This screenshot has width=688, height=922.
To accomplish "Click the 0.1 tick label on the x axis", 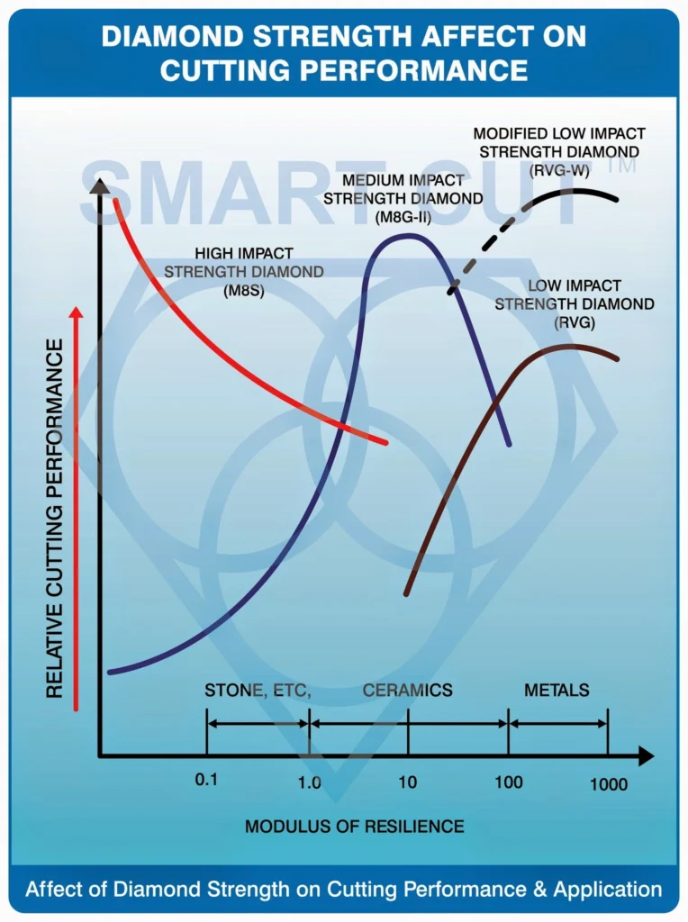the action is [206, 780].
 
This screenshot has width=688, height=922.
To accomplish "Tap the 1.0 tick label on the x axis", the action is [309, 782].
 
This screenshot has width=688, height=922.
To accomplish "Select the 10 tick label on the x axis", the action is [408, 782].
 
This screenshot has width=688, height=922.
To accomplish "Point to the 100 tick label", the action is [509, 782].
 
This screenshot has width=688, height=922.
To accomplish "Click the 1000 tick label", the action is [609, 784].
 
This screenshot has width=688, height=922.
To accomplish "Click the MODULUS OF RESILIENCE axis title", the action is [355, 827].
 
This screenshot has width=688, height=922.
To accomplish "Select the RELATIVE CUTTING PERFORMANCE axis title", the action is [54, 519].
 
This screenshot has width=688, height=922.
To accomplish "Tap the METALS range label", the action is [557, 690].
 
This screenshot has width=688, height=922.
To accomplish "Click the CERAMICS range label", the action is [408, 690].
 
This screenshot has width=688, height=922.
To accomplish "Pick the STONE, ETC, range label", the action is [258, 691].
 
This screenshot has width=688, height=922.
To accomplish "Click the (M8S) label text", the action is [244, 291].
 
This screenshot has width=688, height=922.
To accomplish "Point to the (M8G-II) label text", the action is [403, 218].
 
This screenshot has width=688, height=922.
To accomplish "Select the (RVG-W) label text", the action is [559, 170].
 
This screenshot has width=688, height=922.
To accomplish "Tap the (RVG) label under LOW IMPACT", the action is [575, 322].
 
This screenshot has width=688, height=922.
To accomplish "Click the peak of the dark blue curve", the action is [406, 236].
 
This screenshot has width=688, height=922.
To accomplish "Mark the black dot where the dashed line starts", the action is [451, 290].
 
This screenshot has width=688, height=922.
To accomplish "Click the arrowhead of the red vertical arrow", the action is [77, 312].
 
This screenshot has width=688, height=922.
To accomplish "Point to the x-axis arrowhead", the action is [646, 756].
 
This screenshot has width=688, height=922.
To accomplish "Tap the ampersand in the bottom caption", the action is [540, 890].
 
